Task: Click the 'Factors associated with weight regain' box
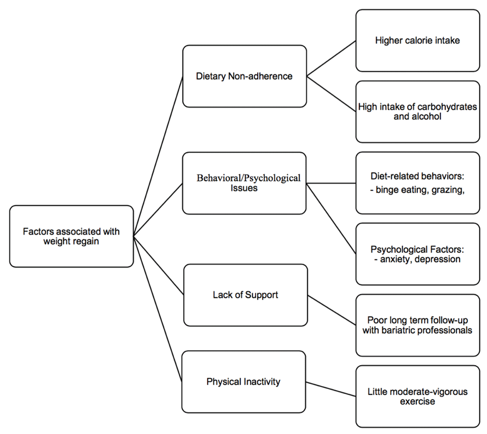pos(72,237)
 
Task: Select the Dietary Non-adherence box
pos(245,76)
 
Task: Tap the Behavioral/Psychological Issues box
pos(244,183)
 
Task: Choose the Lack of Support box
pos(245,295)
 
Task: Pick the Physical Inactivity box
pos(244,382)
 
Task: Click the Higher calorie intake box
pos(418,40)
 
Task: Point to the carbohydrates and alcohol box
pos(418,112)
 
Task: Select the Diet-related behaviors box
pos(418,183)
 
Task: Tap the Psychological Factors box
pos(418,254)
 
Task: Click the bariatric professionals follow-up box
pos(418,325)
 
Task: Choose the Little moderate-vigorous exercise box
pos(418,396)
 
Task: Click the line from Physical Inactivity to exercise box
pos(331,389)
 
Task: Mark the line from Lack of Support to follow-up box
pos(332,310)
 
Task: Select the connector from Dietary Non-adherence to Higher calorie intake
pos(331,58)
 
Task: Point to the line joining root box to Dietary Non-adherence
pos(158,156)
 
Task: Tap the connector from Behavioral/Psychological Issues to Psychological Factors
pos(331,218)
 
